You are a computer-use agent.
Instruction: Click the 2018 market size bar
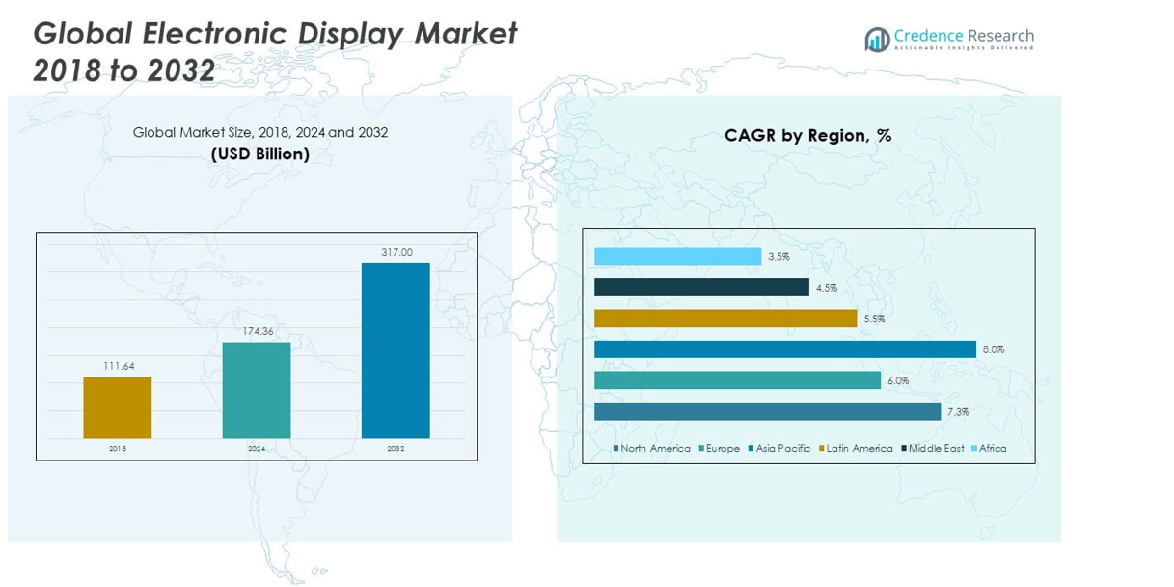coord(117,407)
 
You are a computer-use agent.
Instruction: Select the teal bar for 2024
coord(257,390)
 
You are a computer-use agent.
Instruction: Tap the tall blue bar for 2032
coord(396,350)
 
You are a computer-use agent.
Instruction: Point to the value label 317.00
coord(396,252)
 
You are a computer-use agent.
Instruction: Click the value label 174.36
coord(257,332)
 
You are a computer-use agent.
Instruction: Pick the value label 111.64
coord(117,366)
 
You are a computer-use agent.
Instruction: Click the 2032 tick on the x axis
coord(396,449)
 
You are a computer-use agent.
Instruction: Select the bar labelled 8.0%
coord(784,349)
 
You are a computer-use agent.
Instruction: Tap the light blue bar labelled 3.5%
coord(677,257)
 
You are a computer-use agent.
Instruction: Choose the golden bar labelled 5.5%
coord(725,319)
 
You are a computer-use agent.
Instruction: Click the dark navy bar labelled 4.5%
coord(701,288)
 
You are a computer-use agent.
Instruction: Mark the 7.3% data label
coord(957,412)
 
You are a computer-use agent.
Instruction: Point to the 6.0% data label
coord(897,381)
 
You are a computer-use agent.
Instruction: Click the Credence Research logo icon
coord(877,40)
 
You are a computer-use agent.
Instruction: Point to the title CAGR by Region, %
coord(807,136)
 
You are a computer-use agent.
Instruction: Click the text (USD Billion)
coord(260,154)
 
